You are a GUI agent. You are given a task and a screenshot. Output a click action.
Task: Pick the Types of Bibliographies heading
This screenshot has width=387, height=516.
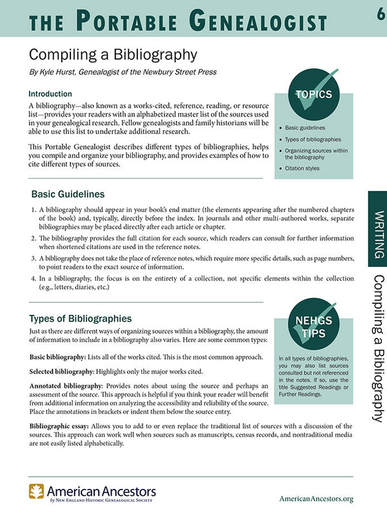coord(81,318)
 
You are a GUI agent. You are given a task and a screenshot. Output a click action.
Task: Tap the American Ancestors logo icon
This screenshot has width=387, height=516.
coord(36,492)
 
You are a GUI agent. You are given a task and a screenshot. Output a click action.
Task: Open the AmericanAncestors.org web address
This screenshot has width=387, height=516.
coord(317,499)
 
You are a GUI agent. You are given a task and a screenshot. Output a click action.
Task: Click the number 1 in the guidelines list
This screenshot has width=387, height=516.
coord(34,210)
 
